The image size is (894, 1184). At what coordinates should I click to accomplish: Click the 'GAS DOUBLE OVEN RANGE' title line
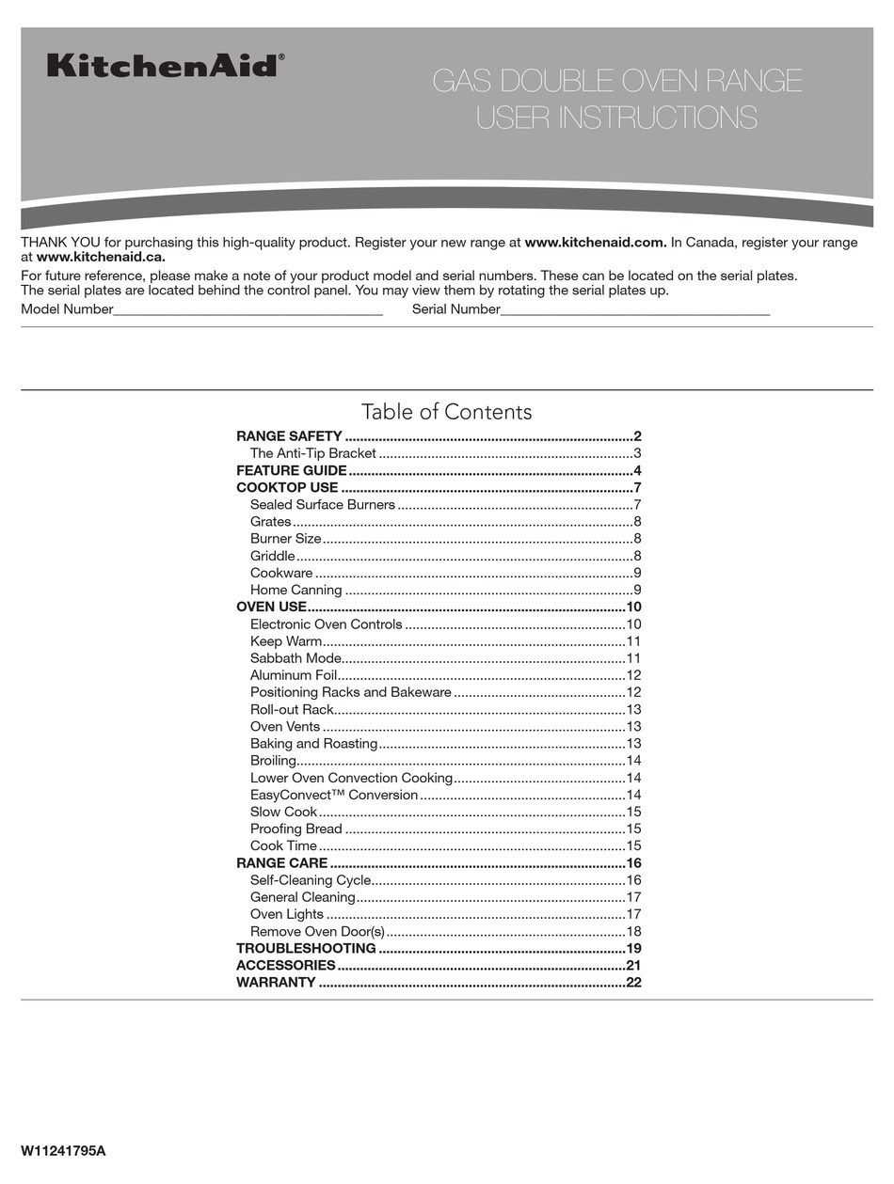tap(617, 82)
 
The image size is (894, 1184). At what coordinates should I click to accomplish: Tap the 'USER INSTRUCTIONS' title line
tap(616, 118)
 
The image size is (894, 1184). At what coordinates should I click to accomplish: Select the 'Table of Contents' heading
tap(446, 412)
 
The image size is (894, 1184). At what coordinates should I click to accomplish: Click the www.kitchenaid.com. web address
tap(596, 243)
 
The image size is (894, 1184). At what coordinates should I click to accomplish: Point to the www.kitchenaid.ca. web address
tap(101, 257)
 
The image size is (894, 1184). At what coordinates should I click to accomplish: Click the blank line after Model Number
tap(247, 309)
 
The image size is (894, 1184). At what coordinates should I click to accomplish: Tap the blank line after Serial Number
tap(635, 309)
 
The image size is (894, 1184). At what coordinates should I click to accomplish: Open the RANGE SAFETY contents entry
tap(289, 436)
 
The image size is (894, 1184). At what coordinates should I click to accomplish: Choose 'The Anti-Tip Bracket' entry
tap(312, 453)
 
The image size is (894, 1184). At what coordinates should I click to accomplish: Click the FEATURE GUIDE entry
tap(292, 470)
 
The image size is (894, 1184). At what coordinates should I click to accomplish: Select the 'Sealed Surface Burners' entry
tap(322, 505)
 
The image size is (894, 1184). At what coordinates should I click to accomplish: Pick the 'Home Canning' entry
tap(295, 591)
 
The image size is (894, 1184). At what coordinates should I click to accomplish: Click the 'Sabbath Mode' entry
tap(295, 658)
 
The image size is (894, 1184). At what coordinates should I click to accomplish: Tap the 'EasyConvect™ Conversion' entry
tap(333, 795)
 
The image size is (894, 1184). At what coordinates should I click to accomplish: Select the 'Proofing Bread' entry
tap(295, 829)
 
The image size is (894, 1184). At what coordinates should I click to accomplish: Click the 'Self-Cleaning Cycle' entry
tap(310, 880)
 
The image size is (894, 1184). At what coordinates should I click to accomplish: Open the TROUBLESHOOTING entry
tap(306, 948)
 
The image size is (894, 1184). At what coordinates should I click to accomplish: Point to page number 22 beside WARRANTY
tap(633, 983)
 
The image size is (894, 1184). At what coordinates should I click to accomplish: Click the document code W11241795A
tap(63, 1151)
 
